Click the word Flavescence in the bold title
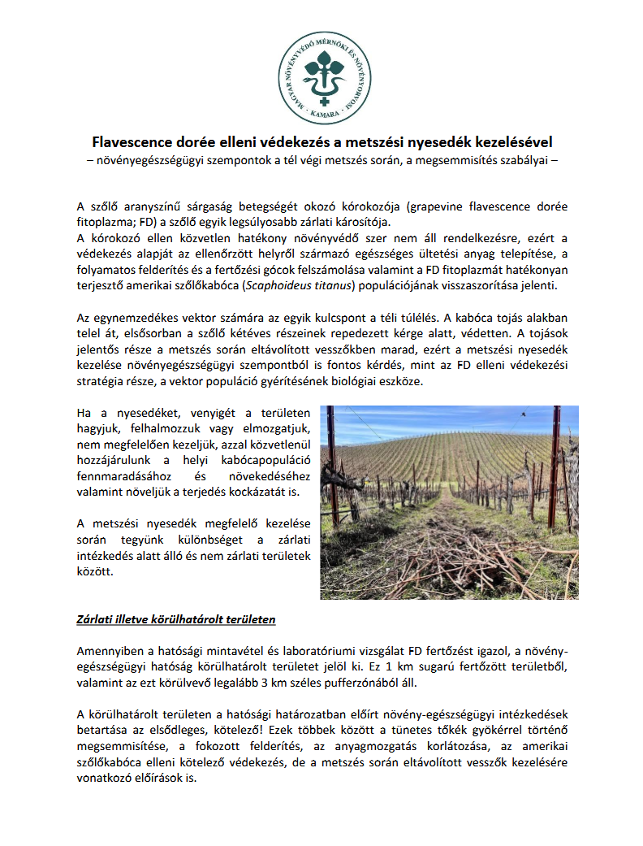[x=132, y=141]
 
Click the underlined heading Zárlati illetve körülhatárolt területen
[x=176, y=619]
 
